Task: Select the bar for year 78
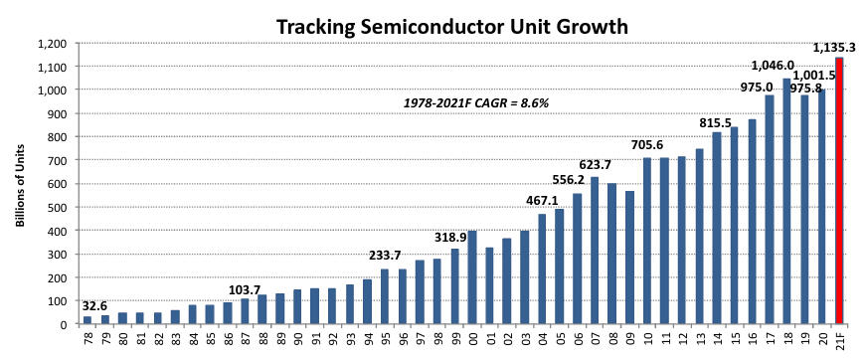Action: pos(87,319)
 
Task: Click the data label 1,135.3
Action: pos(837,47)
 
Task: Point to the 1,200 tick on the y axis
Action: pos(53,44)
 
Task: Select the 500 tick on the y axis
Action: pos(59,207)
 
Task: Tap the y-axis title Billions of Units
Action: pos(19,184)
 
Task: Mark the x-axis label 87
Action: pos(245,340)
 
